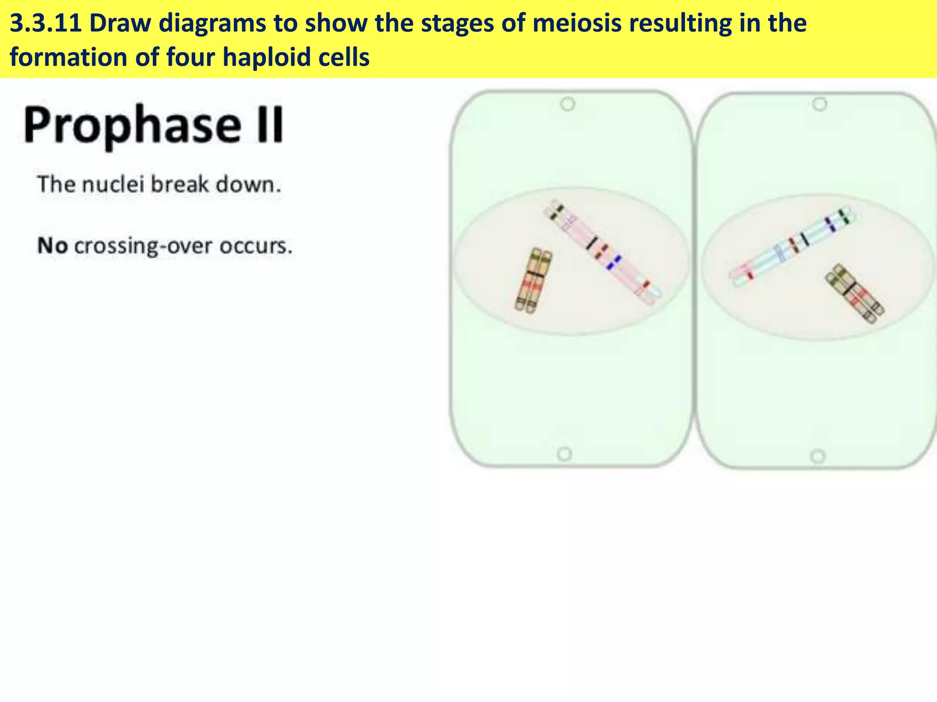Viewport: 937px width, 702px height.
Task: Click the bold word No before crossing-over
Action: point(53,246)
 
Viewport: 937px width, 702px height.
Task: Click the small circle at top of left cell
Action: point(567,104)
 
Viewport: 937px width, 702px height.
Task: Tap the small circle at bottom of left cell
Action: point(565,454)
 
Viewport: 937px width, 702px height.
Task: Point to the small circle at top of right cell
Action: point(819,104)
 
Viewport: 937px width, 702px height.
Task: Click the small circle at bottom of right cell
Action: point(818,456)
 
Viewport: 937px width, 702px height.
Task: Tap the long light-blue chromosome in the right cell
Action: point(792,247)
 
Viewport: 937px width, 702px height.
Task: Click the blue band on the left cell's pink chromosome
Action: point(613,262)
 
